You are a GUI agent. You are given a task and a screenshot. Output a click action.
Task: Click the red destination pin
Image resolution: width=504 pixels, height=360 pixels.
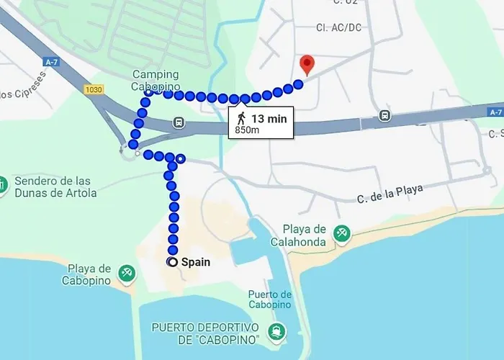307,65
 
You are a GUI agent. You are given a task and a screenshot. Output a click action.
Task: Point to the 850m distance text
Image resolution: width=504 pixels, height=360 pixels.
247,130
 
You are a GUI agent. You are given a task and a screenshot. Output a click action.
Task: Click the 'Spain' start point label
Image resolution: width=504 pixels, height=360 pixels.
196,262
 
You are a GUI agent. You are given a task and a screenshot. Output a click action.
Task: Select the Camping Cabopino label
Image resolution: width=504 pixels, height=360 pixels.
156,81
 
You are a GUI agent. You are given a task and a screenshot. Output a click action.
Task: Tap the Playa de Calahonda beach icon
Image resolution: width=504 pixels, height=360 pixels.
343,233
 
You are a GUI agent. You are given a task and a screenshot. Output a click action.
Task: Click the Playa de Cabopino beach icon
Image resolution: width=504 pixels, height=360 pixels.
127,272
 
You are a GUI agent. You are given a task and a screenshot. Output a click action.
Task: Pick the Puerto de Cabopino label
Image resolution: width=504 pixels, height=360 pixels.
269,299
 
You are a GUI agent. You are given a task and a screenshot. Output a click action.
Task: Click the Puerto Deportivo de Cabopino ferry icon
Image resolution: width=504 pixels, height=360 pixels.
276,333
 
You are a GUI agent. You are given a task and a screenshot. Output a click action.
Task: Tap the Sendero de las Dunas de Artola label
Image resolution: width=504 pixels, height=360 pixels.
56,186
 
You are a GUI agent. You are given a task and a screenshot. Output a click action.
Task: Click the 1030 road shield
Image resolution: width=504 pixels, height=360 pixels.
94,89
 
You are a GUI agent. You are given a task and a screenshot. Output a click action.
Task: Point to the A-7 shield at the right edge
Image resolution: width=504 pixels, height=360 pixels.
495,112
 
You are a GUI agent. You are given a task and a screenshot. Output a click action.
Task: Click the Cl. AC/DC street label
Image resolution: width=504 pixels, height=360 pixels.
337,28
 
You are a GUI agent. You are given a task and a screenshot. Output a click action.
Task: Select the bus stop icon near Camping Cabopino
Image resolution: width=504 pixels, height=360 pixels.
178,123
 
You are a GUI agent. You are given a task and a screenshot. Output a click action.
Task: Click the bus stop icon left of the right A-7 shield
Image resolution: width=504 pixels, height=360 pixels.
385,115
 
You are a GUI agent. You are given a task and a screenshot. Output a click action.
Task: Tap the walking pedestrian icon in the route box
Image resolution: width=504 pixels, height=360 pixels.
241,117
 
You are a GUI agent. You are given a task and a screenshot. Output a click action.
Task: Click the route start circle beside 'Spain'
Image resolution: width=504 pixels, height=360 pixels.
173,262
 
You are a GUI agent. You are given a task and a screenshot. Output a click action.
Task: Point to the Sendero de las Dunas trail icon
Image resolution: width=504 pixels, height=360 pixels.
3,185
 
